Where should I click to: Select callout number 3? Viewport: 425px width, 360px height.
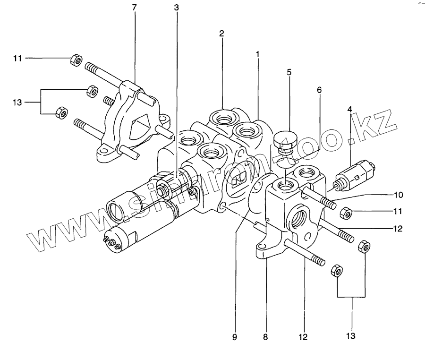click(176, 8)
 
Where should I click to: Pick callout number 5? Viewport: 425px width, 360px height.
click(289, 72)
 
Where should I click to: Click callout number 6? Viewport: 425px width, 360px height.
click(319, 89)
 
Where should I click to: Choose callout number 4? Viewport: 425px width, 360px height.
click(350, 110)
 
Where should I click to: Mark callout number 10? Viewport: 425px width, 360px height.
click(398, 194)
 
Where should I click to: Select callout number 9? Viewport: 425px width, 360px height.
click(235, 337)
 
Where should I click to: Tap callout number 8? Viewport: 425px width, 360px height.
click(265, 337)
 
